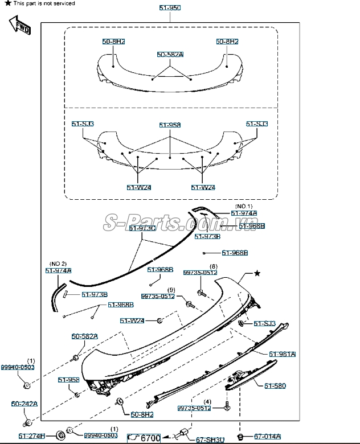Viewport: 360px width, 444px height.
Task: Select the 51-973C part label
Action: point(142,228)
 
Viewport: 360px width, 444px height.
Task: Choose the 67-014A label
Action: point(267,437)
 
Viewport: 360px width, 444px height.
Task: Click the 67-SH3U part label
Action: point(210,439)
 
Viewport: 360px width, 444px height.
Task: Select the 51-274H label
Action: point(32,436)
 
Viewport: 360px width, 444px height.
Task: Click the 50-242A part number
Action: point(24,404)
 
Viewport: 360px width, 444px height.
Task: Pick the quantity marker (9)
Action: point(171,290)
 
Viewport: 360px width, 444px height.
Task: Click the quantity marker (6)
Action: point(213,266)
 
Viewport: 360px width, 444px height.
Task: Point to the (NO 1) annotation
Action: point(244,205)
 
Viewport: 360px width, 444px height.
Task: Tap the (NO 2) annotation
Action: point(58,264)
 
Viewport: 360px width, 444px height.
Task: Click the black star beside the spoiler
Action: point(257,274)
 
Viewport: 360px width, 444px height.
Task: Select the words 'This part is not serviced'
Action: point(44,3)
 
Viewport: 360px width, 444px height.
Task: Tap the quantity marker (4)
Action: point(207,402)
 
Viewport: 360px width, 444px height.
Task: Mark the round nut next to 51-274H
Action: point(59,436)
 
